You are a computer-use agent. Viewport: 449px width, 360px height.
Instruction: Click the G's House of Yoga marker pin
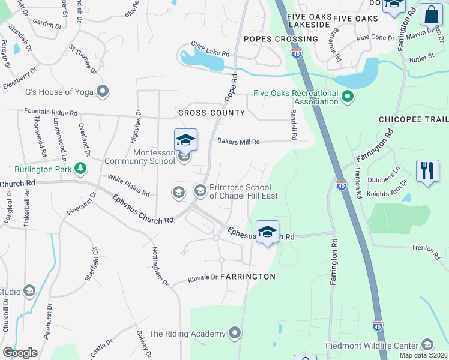point(103,92)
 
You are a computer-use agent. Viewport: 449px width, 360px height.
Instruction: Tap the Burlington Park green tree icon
point(80,169)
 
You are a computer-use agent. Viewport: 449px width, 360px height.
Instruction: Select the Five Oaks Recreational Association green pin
point(346,96)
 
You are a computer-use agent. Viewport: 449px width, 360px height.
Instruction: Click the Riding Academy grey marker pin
point(235,332)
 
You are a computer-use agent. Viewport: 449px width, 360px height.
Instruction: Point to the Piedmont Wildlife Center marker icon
point(427,344)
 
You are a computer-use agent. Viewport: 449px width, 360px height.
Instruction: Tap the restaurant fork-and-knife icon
point(427,171)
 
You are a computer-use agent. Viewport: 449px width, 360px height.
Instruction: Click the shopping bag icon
point(431,15)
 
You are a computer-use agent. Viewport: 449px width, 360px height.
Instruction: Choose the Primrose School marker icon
point(200,191)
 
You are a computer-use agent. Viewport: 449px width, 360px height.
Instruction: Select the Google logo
point(20,352)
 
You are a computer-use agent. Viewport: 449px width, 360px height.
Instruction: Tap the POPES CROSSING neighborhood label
point(281,39)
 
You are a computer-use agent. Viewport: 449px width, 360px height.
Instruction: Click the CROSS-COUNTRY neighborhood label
point(211,113)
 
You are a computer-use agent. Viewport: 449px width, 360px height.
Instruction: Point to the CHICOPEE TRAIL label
point(414,119)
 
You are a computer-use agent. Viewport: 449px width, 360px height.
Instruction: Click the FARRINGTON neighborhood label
point(247,277)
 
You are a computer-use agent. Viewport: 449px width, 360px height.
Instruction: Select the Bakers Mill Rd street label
point(238,142)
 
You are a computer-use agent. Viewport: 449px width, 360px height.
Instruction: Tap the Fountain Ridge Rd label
point(51,112)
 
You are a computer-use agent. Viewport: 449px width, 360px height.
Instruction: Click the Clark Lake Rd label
point(211,49)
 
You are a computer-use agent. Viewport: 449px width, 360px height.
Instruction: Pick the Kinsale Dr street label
point(202,277)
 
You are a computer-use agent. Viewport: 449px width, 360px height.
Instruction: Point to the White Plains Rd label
point(128,185)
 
